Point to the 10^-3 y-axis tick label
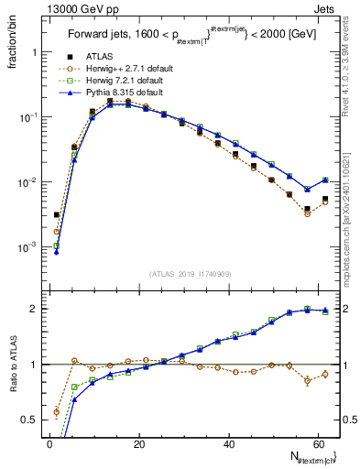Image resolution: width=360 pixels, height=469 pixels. click(x=29, y=247)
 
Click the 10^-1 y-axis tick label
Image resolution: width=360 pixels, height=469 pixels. click(x=29, y=117)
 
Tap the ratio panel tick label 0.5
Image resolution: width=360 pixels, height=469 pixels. click(x=30, y=420)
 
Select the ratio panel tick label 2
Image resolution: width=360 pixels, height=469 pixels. click(x=35, y=309)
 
